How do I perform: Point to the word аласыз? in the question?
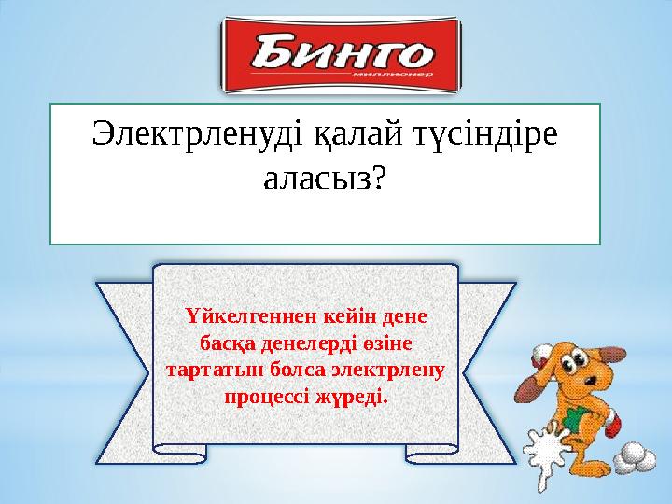324,179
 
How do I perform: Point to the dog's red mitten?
613,425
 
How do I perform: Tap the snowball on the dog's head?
543,353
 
